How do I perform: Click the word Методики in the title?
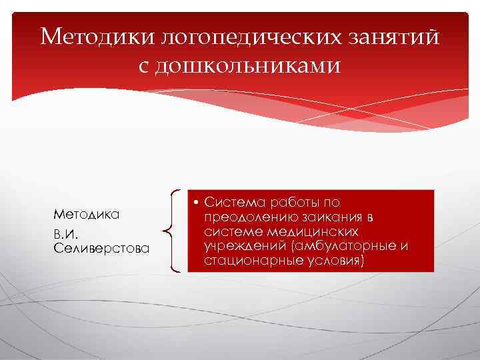pyautogui.click(x=97, y=37)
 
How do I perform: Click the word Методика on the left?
pyautogui.click(x=86, y=215)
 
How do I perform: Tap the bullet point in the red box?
pyautogui.click(x=198, y=201)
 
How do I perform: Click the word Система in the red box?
pyautogui.click(x=233, y=201)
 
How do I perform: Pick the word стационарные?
pyautogui.click(x=247, y=261)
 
